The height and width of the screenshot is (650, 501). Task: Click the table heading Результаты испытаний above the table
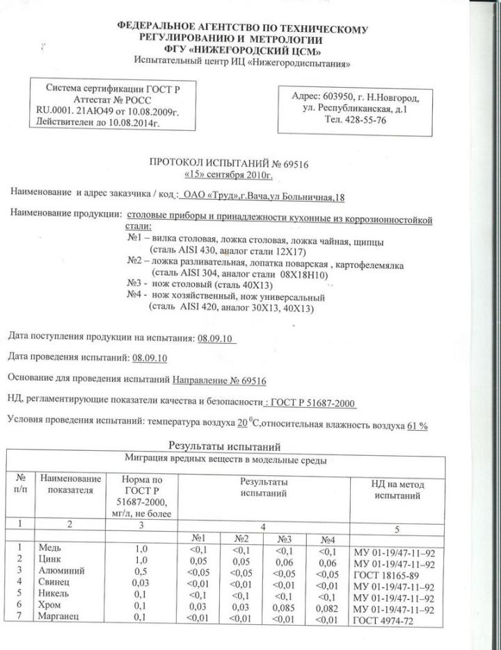[224, 445]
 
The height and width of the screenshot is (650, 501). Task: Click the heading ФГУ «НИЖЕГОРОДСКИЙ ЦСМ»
[242, 52]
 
